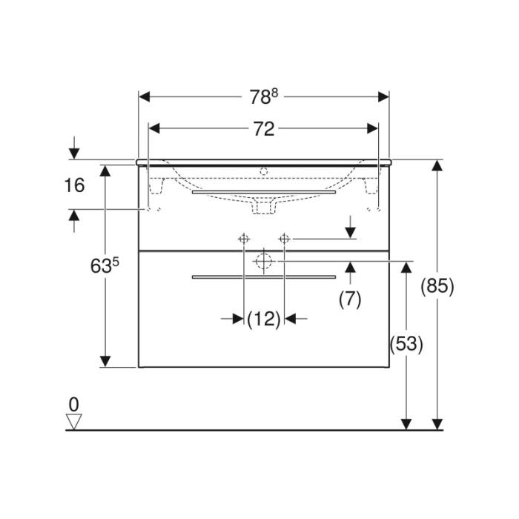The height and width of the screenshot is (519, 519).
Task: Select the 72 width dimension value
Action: tap(264, 129)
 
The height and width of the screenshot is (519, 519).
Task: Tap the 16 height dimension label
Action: tap(74, 185)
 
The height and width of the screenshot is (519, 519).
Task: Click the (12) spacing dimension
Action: tap(264, 319)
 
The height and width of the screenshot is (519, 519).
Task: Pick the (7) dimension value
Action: tap(350, 300)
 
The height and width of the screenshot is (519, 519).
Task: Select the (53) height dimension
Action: tap(406, 344)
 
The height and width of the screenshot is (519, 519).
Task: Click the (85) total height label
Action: tap(437, 287)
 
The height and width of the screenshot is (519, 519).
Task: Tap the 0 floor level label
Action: tap(73, 404)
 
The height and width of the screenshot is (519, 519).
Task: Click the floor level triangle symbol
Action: tap(73, 421)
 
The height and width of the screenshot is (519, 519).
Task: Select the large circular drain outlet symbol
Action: tap(263, 261)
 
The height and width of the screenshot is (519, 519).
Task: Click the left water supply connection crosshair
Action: tap(243, 238)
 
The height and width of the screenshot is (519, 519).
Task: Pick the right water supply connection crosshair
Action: tap(283, 238)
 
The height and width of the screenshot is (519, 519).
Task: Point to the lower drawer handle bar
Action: tap(264, 277)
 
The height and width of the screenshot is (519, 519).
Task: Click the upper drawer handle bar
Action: tap(264, 193)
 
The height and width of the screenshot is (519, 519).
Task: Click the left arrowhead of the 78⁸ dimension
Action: tap(145, 97)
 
